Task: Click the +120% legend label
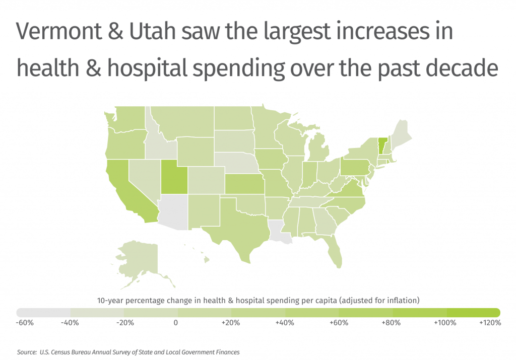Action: pyautogui.click(x=490, y=322)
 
